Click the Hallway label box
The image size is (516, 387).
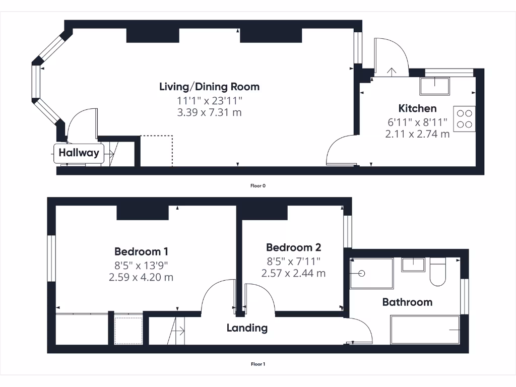coord(79,153)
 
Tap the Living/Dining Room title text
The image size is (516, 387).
coord(209,87)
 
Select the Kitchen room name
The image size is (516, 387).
coord(417,108)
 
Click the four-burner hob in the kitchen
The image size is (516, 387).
coord(464,118)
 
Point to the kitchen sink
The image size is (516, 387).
coord(435,86)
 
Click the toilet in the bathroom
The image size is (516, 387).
coord(437,272)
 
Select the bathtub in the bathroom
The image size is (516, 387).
coord(425,330)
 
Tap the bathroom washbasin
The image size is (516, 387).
coord(413,264)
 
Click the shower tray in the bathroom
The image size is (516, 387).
coord(371,273)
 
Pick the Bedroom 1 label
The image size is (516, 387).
coord(141,251)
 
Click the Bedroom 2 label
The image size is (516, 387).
coord(293,247)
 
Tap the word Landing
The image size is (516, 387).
coord(247,328)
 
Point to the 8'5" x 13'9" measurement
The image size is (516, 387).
coord(141,265)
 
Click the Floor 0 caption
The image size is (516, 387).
coord(258,186)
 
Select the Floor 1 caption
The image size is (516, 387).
coord(258,364)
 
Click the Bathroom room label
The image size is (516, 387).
coord(407,302)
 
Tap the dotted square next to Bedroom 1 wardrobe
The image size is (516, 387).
coord(128,330)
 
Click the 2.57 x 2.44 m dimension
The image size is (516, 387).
coord(293,273)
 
